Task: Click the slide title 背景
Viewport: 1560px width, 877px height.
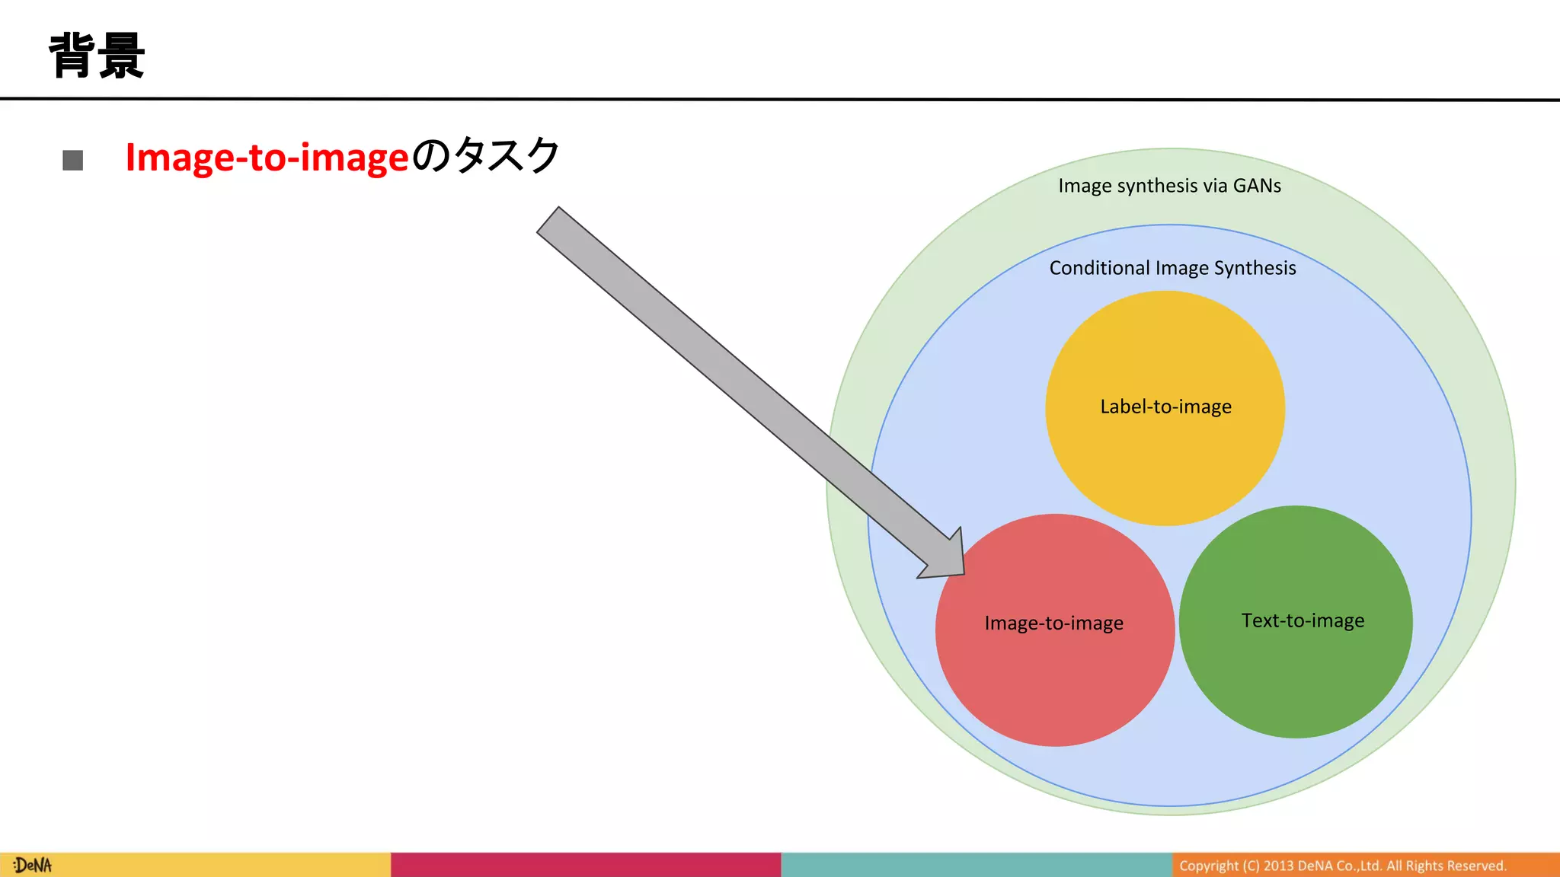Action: [x=97, y=56]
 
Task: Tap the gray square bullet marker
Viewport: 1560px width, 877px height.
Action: [x=73, y=160]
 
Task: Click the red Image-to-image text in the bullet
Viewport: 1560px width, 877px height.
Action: [x=267, y=158]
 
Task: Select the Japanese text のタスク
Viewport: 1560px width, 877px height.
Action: [x=486, y=156]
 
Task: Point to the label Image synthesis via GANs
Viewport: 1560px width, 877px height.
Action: [x=1169, y=186]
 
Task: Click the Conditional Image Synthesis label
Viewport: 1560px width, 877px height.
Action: [x=1172, y=268]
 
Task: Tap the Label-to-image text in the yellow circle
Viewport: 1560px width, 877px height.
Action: [x=1165, y=407]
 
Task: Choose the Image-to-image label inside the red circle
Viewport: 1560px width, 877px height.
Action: [x=1053, y=623]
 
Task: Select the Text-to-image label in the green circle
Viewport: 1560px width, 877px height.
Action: [x=1303, y=620]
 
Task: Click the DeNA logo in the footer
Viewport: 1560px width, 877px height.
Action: [x=33, y=866]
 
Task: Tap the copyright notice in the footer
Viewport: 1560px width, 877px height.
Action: [x=1342, y=866]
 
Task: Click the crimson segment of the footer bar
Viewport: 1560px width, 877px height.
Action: [x=585, y=865]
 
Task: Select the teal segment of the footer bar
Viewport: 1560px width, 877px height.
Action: [x=976, y=865]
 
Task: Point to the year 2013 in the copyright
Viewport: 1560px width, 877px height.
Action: [x=1278, y=866]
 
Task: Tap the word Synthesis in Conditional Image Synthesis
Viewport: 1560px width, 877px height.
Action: [x=1255, y=268]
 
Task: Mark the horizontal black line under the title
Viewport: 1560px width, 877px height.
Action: [x=780, y=99]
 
